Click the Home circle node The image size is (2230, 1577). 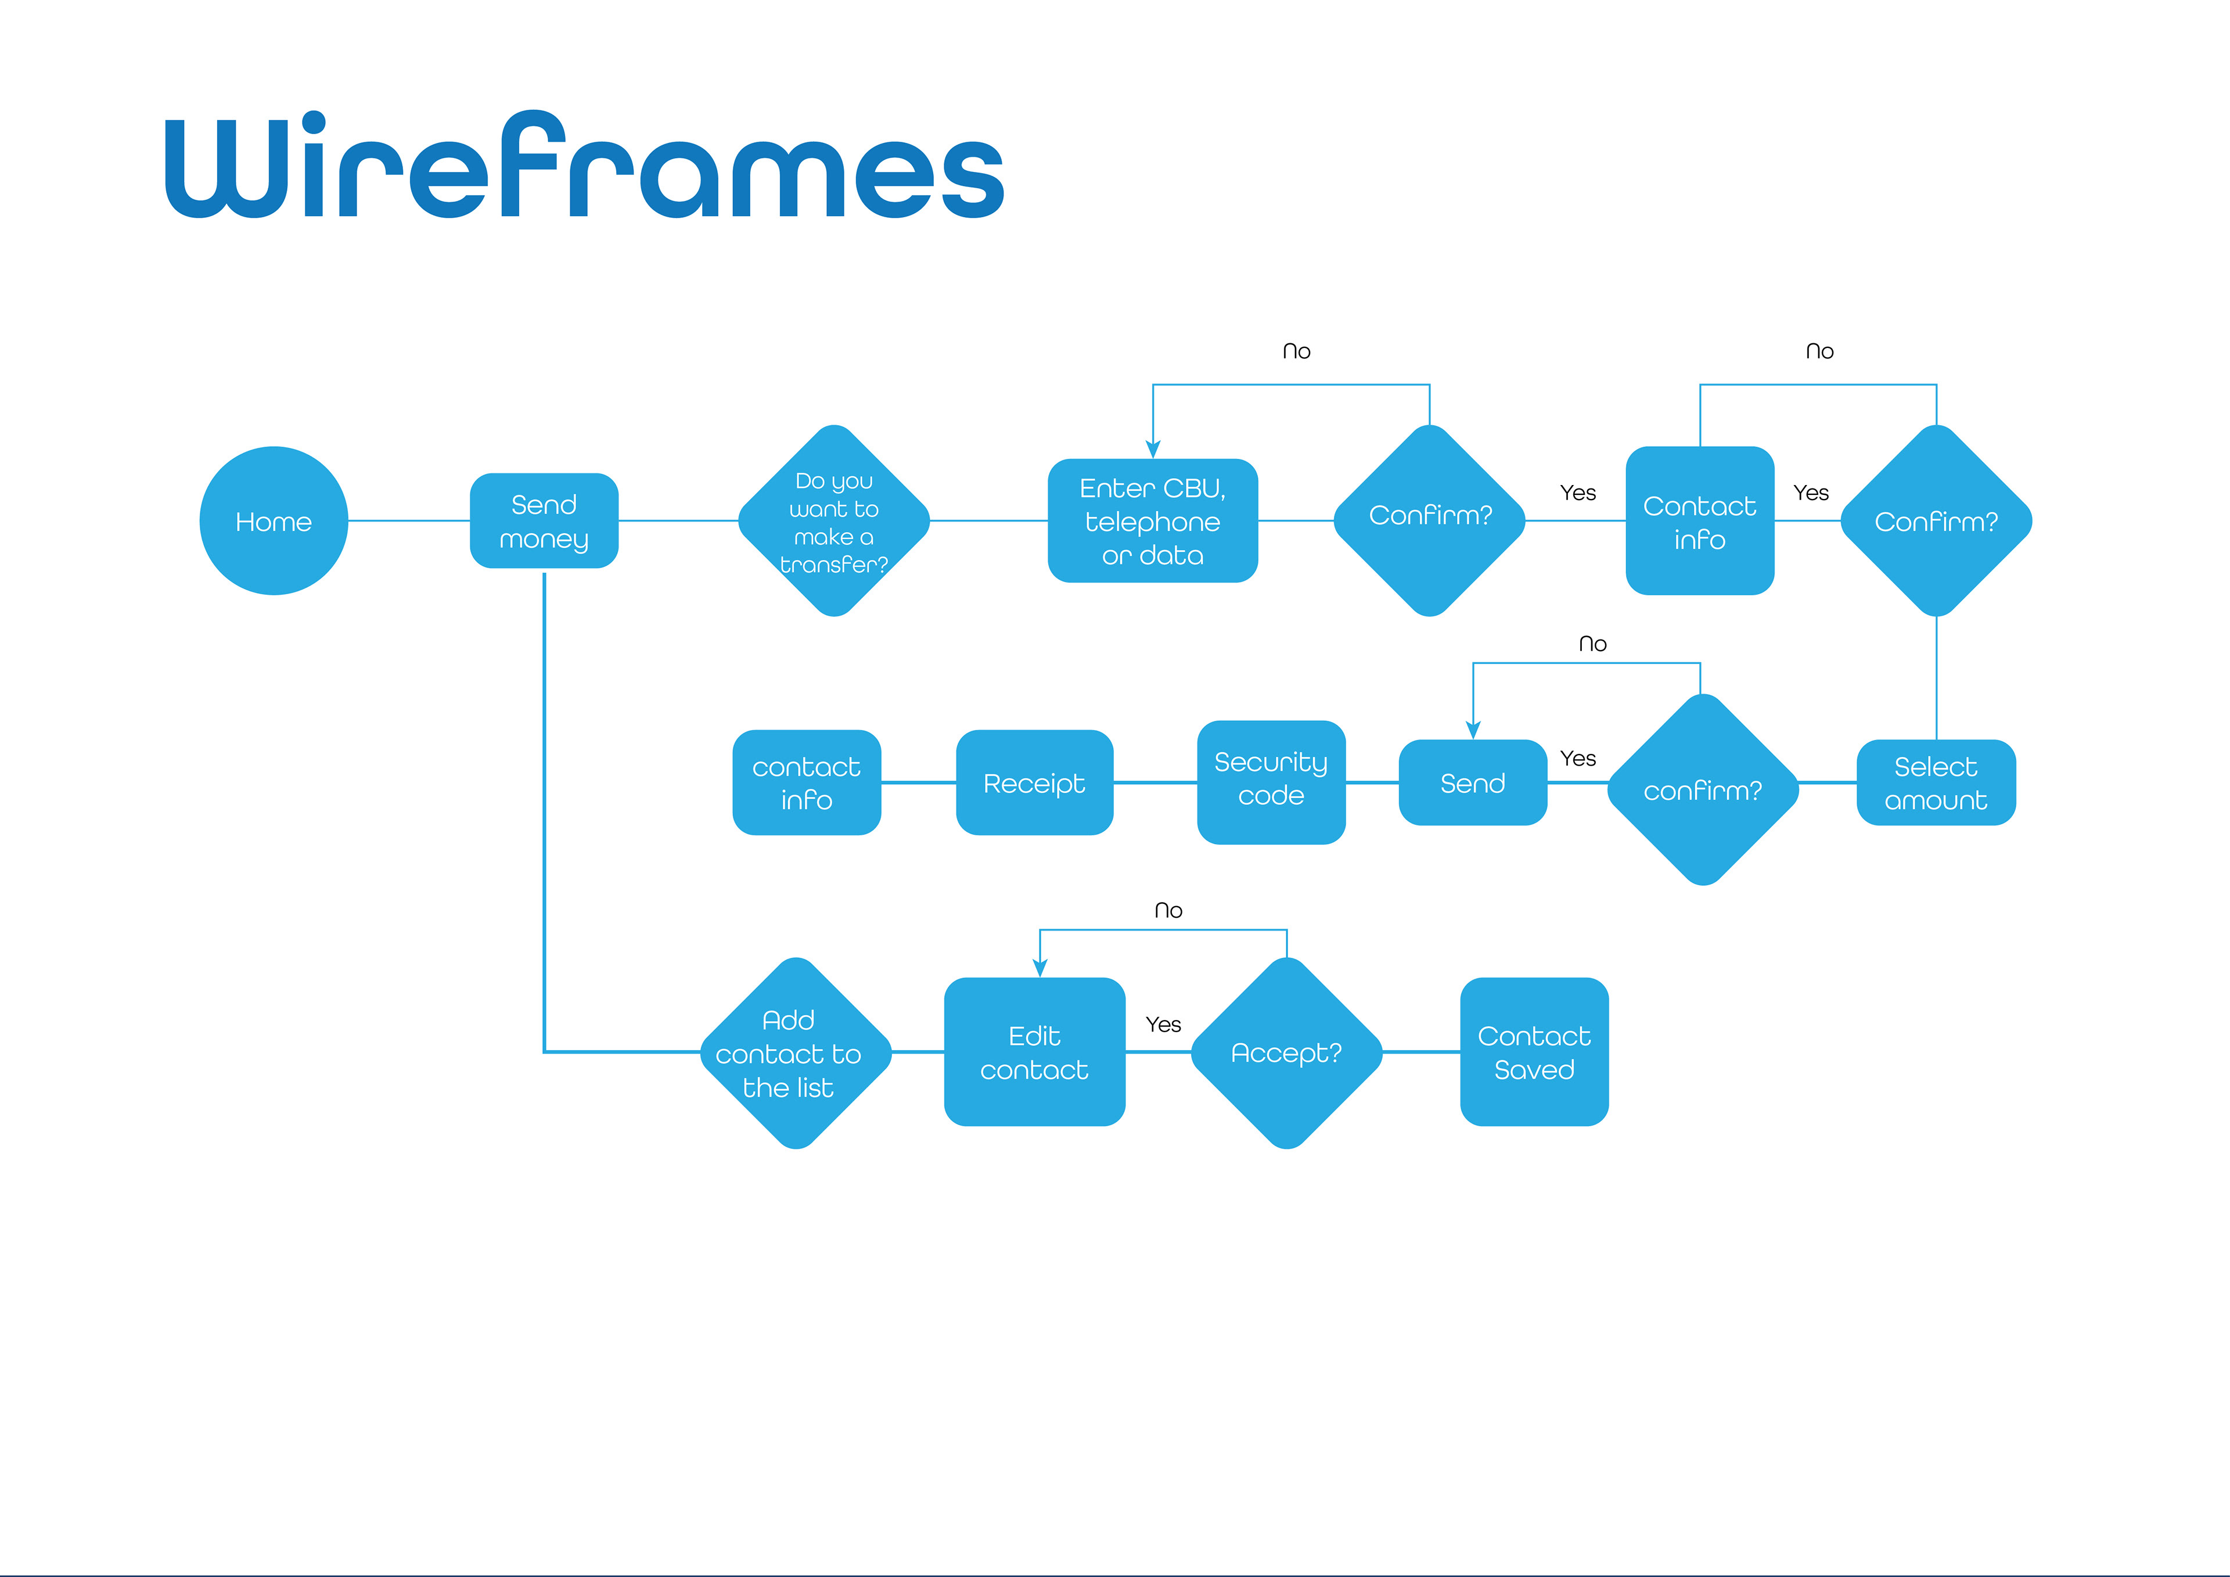[274, 521]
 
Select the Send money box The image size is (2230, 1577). [544, 521]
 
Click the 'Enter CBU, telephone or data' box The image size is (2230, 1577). [1153, 521]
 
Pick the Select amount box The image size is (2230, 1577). [1936, 782]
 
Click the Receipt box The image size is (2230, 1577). [1034, 782]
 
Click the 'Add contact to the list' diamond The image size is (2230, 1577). [796, 1053]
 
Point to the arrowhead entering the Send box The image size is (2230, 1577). [1473, 731]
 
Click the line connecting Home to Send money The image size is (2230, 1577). [409, 521]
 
